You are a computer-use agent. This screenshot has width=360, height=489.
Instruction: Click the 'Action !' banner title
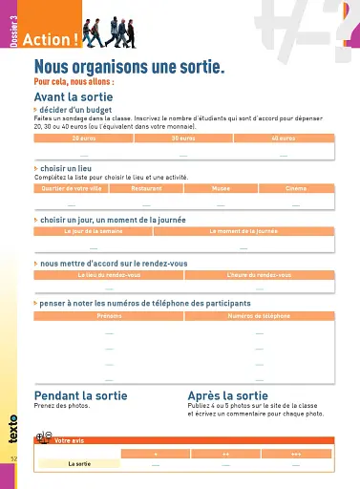(x=49, y=40)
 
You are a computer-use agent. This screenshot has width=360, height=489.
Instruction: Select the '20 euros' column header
(x=84, y=138)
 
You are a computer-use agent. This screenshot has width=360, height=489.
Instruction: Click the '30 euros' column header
(x=183, y=138)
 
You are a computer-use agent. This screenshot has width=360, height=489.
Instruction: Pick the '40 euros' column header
(x=284, y=138)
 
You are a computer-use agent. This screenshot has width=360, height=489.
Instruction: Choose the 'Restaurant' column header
(x=146, y=188)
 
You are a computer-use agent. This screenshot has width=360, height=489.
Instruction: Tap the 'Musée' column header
(x=221, y=188)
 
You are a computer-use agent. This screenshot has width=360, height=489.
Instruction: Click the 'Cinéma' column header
(x=296, y=188)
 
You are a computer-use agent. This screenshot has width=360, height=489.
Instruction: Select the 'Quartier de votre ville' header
(x=71, y=188)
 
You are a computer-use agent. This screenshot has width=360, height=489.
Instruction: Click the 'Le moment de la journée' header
(x=243, y=231)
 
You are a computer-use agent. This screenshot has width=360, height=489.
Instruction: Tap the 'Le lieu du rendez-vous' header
(x=109, y=274)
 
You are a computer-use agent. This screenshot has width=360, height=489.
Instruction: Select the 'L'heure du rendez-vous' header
(x=259, y=274)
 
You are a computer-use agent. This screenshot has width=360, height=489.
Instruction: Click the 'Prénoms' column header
(x=109, y=315)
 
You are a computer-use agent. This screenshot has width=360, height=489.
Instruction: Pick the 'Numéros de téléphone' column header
(x=259, y=315)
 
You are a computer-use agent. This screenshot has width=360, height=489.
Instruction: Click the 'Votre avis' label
(x=70, y=440)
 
